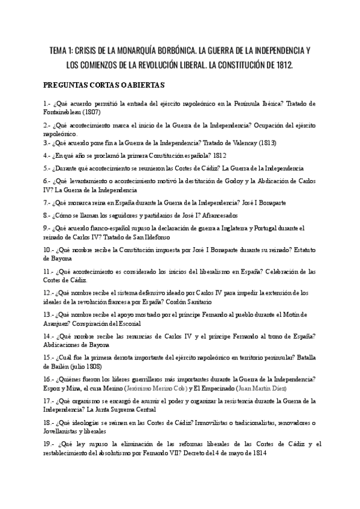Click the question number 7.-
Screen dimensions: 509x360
[47, 202]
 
